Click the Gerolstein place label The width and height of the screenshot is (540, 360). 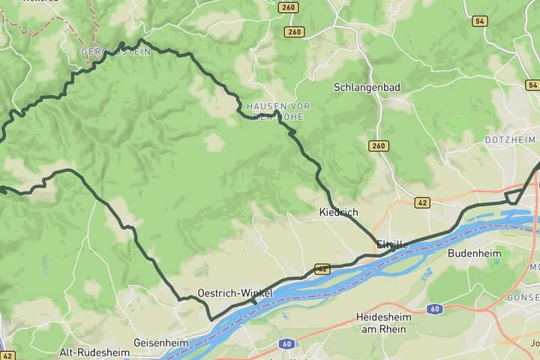pos(116,52)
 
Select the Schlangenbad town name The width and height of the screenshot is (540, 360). pos(367,87)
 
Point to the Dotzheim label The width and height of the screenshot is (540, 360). pos(510,140)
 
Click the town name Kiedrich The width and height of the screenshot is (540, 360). pos(338,212)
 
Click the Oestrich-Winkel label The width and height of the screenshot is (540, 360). pos(235,292)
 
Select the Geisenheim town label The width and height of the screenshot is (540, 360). pos(160,343)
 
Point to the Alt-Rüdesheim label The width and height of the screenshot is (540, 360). pos(94,352)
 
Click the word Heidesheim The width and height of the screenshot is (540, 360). pos(384,317)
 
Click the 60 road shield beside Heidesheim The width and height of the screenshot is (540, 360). pos(434,309)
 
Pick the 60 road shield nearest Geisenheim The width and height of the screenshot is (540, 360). pos(285,344)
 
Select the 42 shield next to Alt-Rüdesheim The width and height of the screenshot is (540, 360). pos(7,355)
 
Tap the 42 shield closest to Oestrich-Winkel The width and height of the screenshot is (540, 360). pos(322,268)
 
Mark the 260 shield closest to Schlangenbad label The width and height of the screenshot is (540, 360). pos(379,145)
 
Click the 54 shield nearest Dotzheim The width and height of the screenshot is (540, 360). pos(532,85)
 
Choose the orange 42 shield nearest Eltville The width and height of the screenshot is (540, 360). pos(422,202)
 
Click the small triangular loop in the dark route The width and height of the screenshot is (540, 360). pos(514,196)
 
